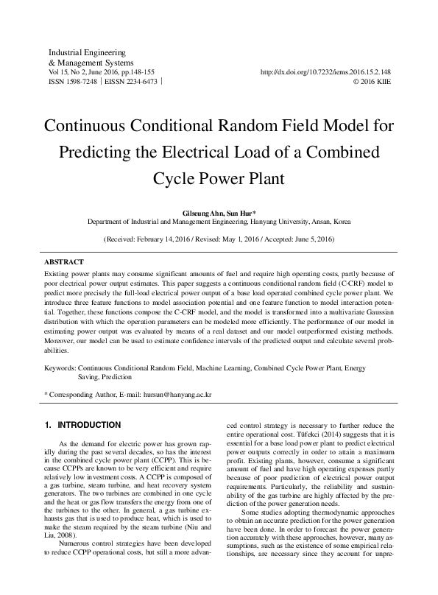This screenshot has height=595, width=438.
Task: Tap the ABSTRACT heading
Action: click(x=64, y=262)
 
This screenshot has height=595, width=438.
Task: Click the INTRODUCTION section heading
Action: click(x=89, y=425)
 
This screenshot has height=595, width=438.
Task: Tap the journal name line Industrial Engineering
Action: click(x=86, y=53)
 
